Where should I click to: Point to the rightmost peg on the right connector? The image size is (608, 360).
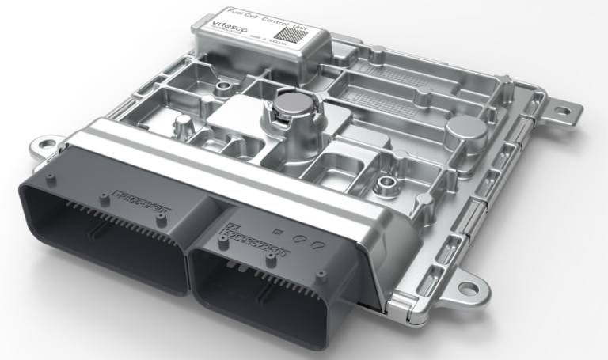point(322,276)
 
